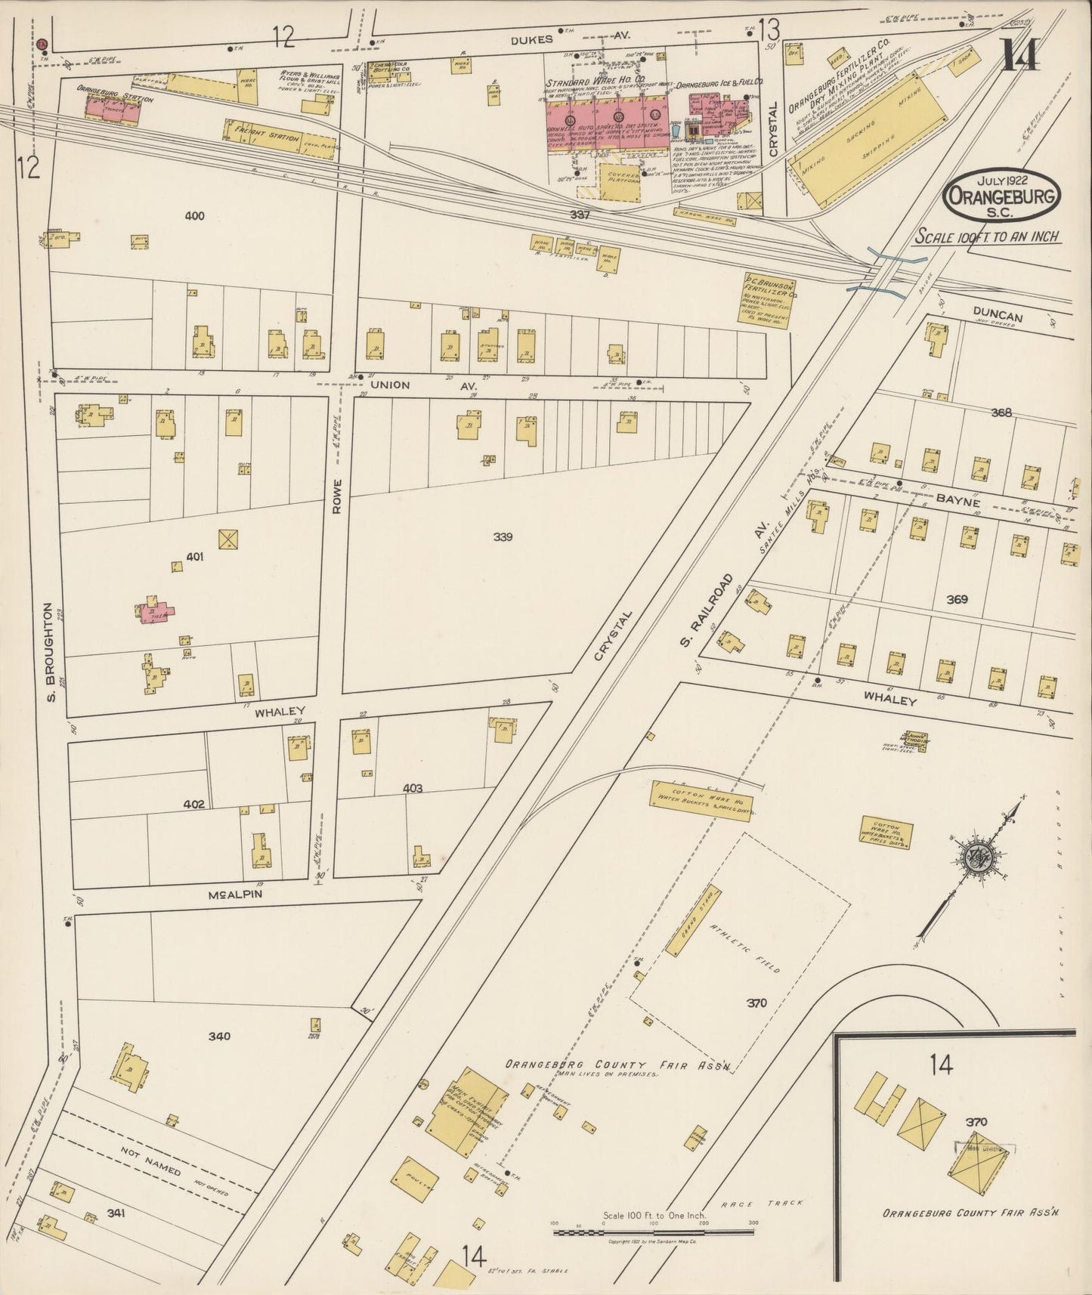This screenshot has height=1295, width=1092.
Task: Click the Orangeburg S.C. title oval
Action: point(1001,195)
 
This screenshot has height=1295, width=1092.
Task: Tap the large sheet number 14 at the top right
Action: point(1020,54)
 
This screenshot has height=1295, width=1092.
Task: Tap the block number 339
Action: point(503,537)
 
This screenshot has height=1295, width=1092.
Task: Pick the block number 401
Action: point(195,557)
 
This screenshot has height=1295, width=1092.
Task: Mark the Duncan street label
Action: point(998,317)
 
